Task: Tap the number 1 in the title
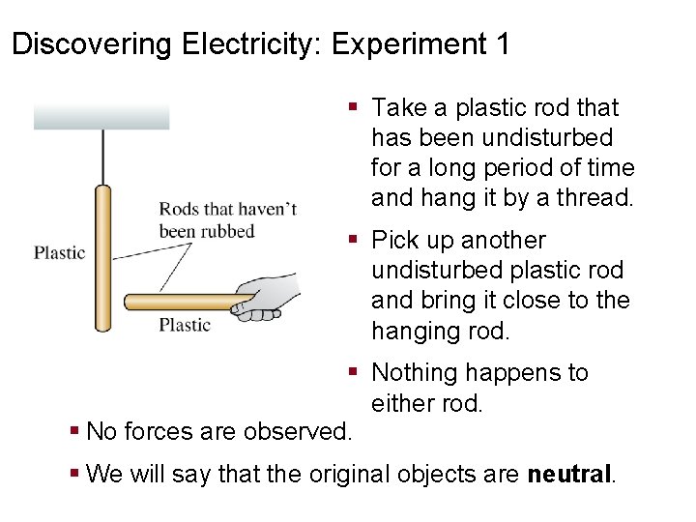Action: click(x=502, y=44)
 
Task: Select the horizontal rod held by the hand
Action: click(x=179, y=302)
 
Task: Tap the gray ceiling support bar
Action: click(x=101, y=117)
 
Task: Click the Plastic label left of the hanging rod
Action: click(x=60, y=253)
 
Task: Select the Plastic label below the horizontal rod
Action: click(x=185, y=326)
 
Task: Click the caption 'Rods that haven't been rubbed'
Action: click(x=227, y=220)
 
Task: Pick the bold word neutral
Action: click(x=570, y=475)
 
